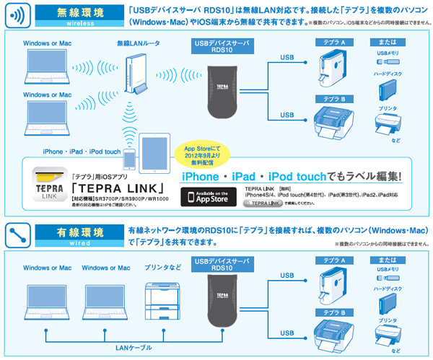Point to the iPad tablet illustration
click(157, 153)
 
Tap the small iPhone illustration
click(131, 159)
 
